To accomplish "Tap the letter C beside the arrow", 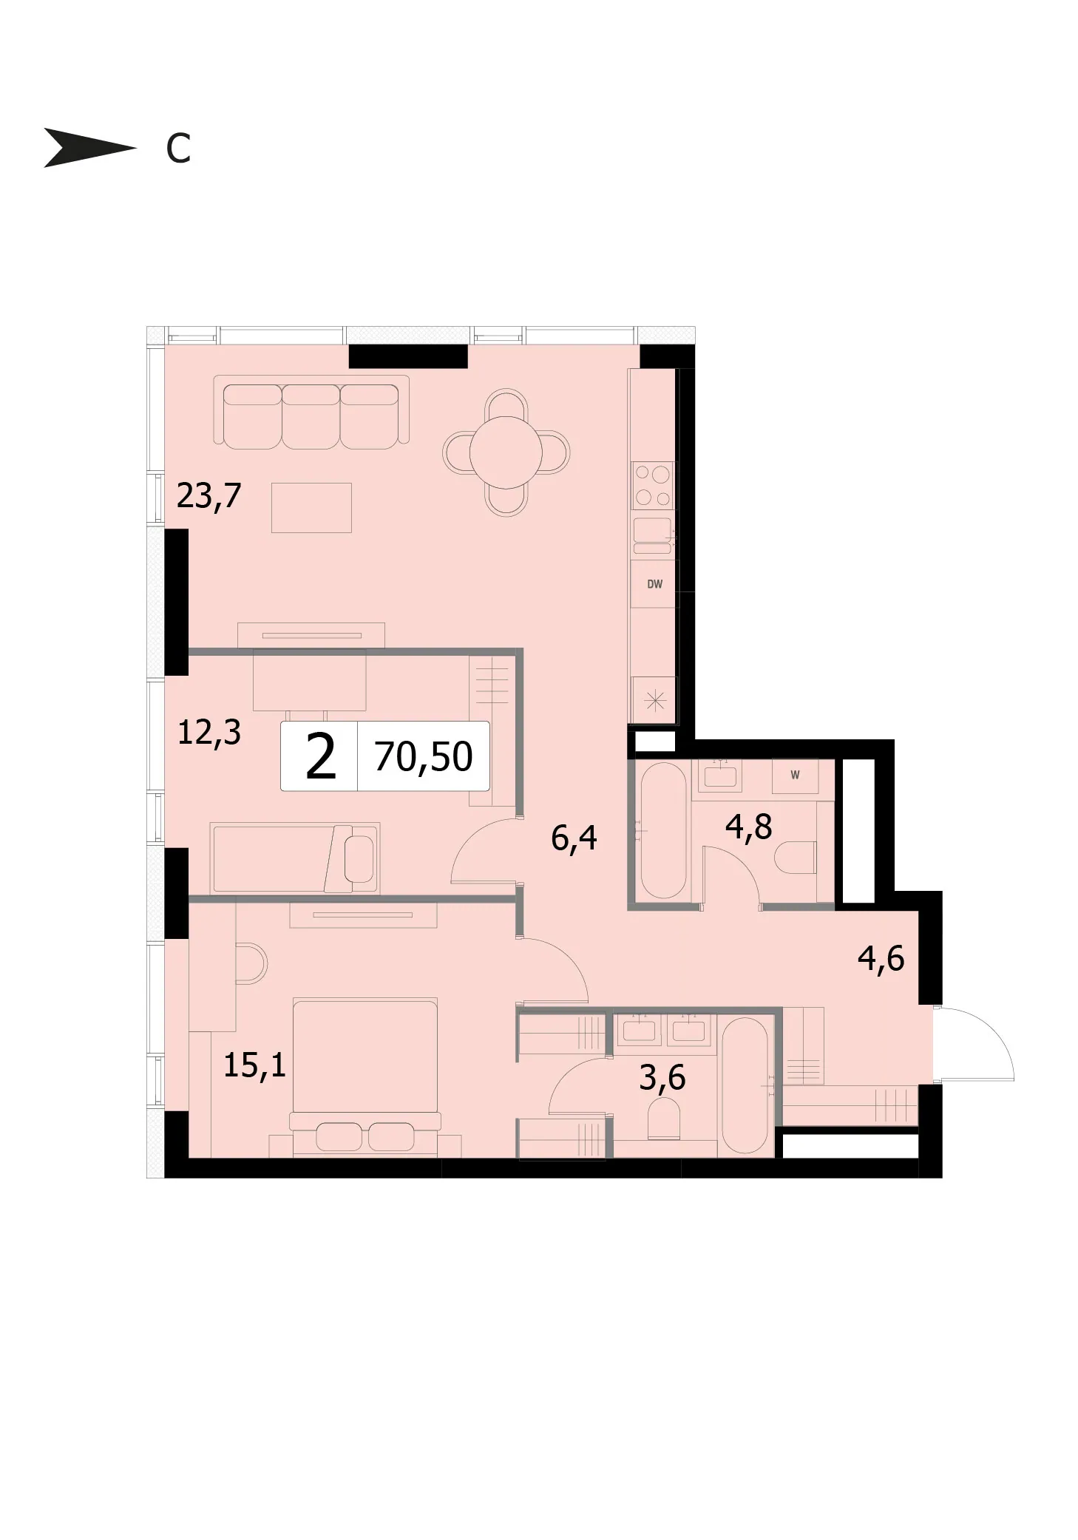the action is coord(178,149).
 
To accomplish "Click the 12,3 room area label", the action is coord(209,733).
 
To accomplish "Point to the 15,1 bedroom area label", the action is coord(254,1065).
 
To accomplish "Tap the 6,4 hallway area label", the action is coord(574,838).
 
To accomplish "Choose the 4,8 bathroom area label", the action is coord(748,827).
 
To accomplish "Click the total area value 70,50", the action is coord(424,756).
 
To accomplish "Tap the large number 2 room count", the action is coord(321,758).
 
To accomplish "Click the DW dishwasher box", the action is coord(654,584).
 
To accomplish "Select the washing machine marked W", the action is coord(795,776).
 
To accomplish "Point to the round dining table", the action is coord(506,452).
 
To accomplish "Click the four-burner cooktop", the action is coord(653,484).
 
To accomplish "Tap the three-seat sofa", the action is coord(311,412).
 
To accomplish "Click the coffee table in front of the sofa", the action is coord(311,507).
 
